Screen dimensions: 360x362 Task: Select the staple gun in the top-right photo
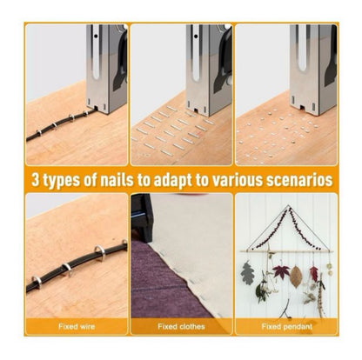313,65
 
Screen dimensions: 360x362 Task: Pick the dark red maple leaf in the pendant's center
280,273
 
